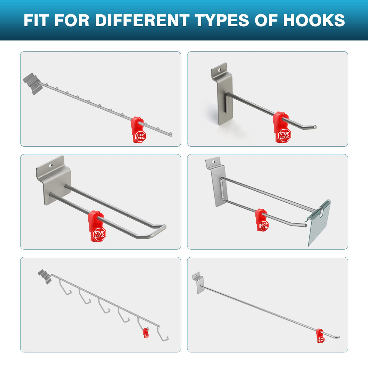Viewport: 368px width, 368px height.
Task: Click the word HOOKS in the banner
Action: pos(314,20)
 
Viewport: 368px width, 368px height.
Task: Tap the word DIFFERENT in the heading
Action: pos(142,20)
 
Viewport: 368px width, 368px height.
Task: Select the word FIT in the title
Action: pos(35,20)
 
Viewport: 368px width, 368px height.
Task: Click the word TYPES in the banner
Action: pos(222,20)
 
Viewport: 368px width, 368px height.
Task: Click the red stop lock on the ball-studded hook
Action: pos(138,130)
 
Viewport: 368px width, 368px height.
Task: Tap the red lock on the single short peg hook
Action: pos(282,127)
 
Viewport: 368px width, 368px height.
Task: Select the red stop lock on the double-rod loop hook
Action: pos(97,227)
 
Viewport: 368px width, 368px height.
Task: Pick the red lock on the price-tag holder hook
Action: pos(262,220)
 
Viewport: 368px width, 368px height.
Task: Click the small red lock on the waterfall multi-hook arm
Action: pos(146,333)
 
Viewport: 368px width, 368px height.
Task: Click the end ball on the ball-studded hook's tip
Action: pos(171,134)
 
